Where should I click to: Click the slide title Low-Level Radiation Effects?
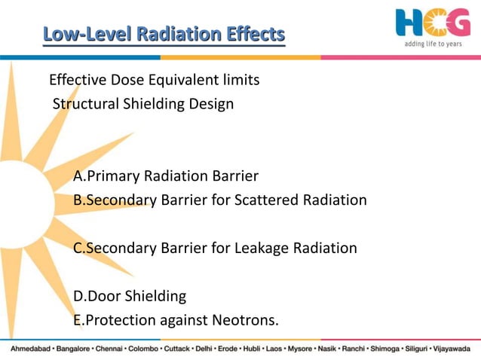click(x=164, y=34)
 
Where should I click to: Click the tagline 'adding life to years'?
click(x=433, y=44)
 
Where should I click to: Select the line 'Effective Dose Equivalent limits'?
click(x=154, y=81)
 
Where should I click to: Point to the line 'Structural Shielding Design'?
click(x=143, y=104)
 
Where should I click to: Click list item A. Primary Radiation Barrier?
click(x=166, y=176)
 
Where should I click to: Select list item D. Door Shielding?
click(x=130, y=296)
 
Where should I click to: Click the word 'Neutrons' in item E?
click(x=246, y=320)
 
